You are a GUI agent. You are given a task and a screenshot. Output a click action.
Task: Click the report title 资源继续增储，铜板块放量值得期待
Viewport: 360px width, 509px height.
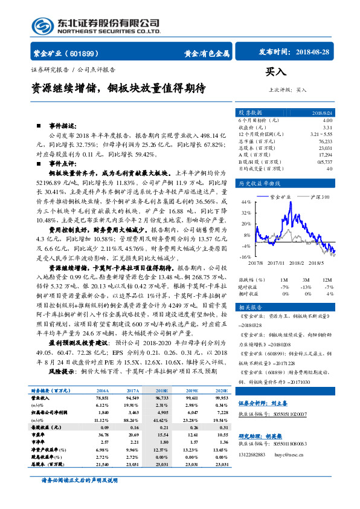click(118, 88)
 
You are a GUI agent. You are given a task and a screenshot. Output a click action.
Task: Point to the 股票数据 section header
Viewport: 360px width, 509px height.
click(250, 112)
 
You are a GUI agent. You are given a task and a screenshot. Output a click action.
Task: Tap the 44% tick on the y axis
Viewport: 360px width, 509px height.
click(246, 202)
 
